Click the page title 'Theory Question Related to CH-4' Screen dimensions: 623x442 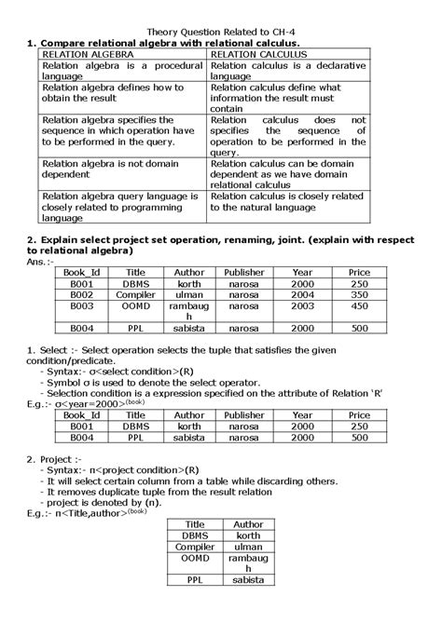pyautogui.click(x=220, y=31)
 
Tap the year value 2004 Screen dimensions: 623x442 pyautogui.click(x=302, y=294)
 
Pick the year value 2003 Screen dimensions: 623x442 pyautogui.click(x=302, y=305)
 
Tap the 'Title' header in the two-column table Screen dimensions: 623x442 pyautogui.click(x=195, y=525)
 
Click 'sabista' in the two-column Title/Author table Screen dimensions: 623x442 pyautogui.click(x=248, y=579)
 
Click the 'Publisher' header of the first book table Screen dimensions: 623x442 pyautogui.click(x=244, y=272)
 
